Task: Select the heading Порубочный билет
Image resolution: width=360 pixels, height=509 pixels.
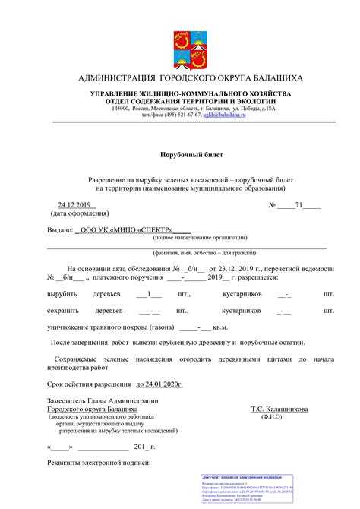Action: tap(179, 153)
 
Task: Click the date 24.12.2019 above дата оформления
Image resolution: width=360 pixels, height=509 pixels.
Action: tap(74, 205)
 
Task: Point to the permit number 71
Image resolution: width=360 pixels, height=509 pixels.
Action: tap(299, 205)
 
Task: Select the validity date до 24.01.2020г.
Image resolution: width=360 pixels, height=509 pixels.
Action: tap(159, 385)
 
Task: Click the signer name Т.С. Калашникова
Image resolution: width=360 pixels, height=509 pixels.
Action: tap(283, 409)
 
